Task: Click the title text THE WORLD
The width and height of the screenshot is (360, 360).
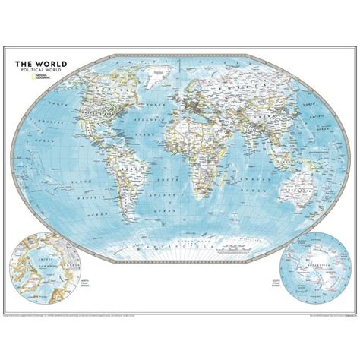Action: [38, 65]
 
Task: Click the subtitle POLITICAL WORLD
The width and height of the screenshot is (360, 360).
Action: [38, 71]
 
